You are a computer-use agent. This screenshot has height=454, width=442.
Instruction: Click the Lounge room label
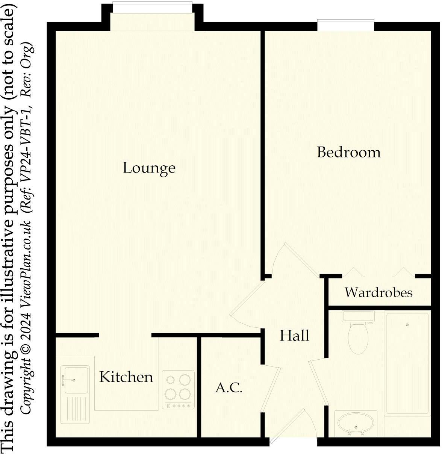coord(149,168)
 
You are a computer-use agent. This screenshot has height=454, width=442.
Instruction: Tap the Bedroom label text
coord(348,152)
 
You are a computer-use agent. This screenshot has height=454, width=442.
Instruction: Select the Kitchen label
coord(126,377)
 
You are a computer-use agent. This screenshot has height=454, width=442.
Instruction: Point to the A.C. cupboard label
coord(229,387)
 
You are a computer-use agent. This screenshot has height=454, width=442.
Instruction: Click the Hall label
coord(294,335)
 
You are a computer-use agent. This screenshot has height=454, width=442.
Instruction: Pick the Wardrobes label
coord(378,292)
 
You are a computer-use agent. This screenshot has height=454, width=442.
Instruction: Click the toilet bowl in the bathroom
coord(357,338)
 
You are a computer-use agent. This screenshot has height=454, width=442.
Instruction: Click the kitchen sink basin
coord(77,380)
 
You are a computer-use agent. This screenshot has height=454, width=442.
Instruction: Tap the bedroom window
coord(345,25)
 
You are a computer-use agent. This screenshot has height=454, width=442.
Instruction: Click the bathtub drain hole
coord(407,325)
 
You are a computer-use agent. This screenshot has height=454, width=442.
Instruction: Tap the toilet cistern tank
coord(358,316)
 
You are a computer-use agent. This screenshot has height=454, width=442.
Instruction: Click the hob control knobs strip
coord(179,406)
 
